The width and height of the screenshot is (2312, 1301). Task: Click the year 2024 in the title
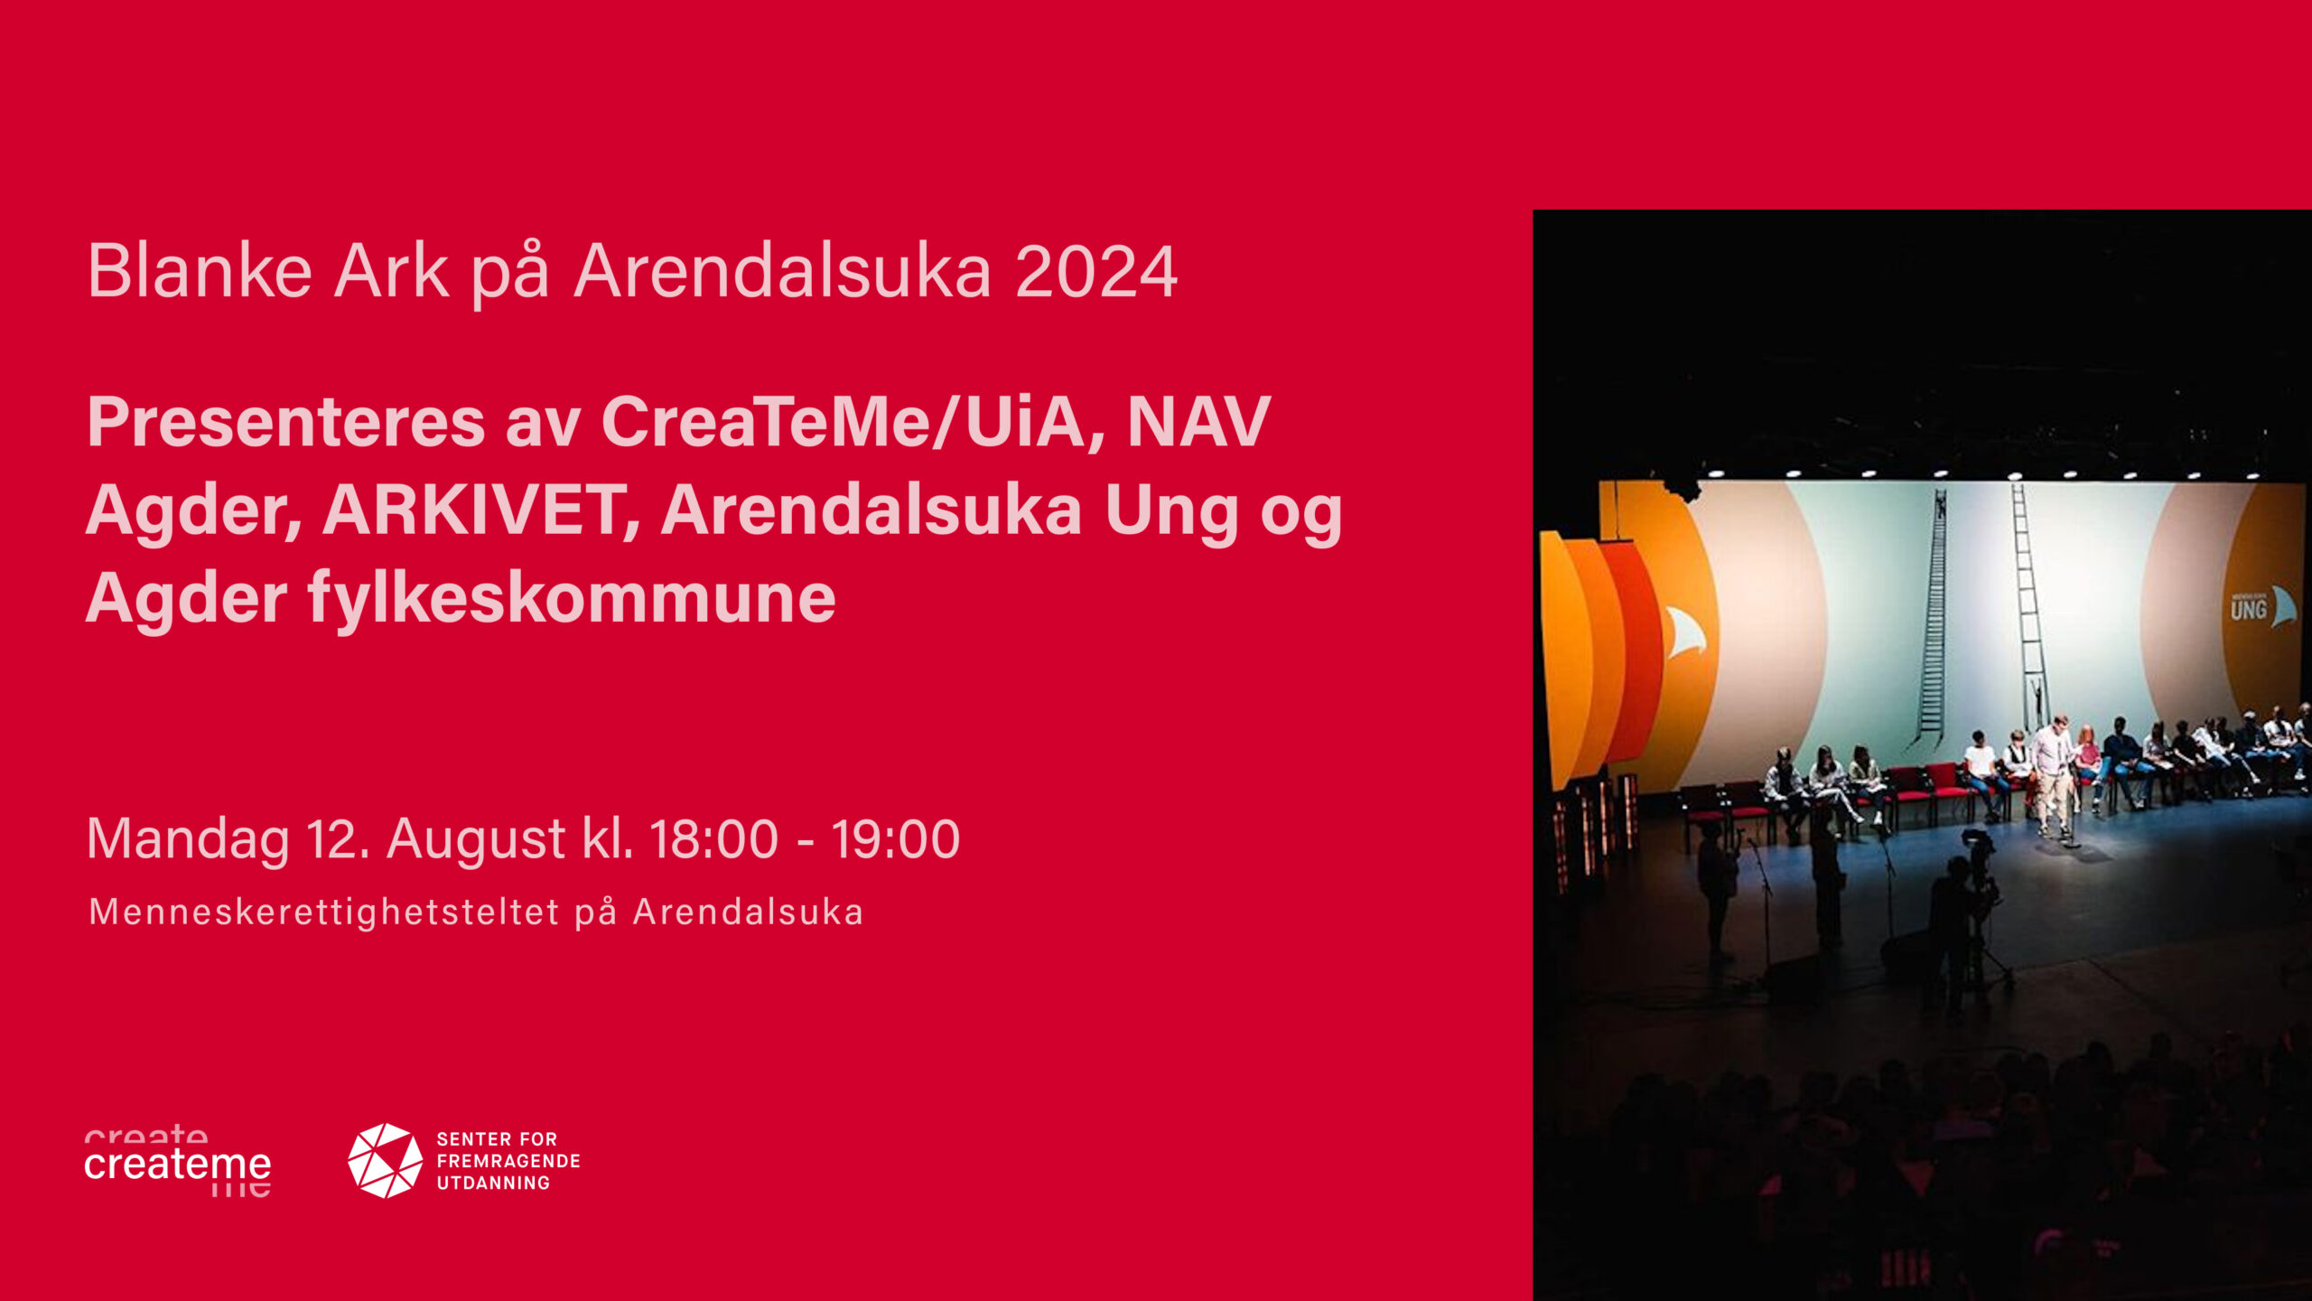(1096, 271)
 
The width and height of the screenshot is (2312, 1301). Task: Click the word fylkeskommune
(572, 598)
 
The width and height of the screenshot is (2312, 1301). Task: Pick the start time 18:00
(713, 839)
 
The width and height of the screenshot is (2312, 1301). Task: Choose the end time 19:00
(895, 839)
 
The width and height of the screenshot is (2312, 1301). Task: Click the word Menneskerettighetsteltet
(324, 913)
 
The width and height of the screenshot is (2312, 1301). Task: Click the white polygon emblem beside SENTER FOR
(386, 1161)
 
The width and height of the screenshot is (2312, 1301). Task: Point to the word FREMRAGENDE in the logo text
(508, 1161)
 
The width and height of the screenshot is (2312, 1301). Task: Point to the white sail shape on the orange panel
(1685, 632)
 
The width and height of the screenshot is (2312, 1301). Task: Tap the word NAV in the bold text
(1198, 422)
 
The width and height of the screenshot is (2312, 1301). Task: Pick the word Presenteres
(286, 423)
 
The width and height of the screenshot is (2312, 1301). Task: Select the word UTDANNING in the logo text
(493, 1183)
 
